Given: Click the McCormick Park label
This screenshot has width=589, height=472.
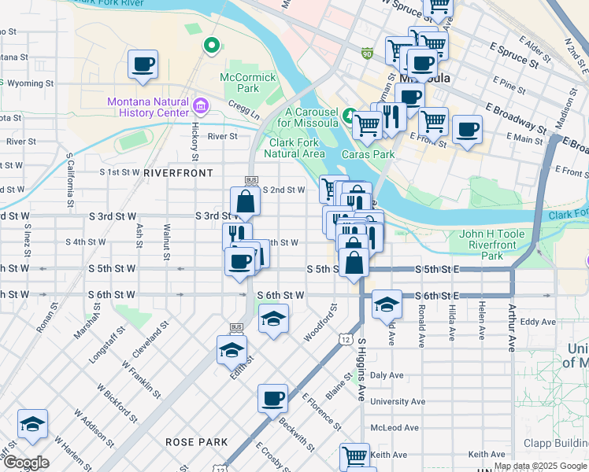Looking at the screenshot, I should click(248, 83).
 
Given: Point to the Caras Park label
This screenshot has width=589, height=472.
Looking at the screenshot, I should click(368, 154).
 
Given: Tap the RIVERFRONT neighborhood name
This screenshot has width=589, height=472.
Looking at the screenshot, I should click(178, 172).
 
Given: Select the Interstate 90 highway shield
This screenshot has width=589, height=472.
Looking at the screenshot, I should click(367, 53).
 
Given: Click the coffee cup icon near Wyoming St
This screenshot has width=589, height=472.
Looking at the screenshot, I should click(143, 65).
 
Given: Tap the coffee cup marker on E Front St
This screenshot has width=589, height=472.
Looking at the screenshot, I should click(467, 129).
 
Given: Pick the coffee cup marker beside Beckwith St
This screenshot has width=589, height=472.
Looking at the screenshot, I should click(273, 398).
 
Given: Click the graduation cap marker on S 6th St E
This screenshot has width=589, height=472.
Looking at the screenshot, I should click(387, 303).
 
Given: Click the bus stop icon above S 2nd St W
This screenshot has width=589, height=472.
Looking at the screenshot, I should click(252, 180).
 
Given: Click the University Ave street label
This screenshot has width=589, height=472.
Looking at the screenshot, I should click(391, 401).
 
